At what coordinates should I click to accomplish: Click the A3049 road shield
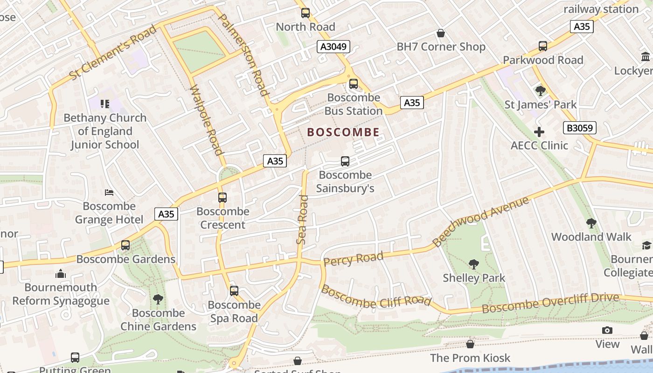click(334, 46)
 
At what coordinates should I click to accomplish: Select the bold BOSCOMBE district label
click(343, 132)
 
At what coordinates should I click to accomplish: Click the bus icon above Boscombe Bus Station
click(354, 84)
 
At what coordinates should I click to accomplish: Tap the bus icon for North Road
click(306, 13)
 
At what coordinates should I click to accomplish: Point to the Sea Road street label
click(303, 219)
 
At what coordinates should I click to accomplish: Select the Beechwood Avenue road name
click(481, 221)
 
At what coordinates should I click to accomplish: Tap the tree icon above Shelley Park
click(474, 264)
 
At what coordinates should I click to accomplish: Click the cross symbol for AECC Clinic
click(539, 132)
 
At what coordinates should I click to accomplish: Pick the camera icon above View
click(607, 331)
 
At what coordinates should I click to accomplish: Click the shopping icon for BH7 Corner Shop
click(440, 33)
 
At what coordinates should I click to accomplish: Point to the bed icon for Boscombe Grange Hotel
click(109, 193)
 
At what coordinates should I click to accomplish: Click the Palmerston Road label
click(243, 54)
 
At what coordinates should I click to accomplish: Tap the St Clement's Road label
click(113, 52)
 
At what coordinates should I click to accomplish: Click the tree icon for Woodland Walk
click(591, 223)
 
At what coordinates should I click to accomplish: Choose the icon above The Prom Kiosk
click(470, 344)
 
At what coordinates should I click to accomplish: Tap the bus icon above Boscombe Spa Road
click(234, 291)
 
